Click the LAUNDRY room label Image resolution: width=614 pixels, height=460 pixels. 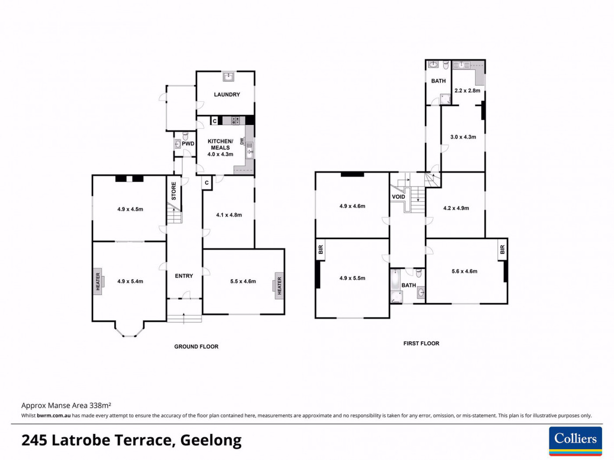coord(227,95)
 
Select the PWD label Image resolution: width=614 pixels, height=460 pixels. coord(188,144)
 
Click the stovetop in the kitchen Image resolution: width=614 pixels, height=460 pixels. coord(235,120)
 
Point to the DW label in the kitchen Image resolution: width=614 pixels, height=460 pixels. coord(242,142)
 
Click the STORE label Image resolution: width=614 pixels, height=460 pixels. coord(174,191)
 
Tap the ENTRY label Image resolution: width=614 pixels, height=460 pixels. coord(184,276)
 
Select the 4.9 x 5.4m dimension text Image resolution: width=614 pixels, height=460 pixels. coord(130,282)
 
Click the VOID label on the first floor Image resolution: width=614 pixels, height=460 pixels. coord(398,197)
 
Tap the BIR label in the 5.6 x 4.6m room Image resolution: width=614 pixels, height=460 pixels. coord(503,249)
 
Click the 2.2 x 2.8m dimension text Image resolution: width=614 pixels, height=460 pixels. coord(468,91)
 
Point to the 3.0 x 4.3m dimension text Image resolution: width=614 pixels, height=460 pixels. coord(463,137)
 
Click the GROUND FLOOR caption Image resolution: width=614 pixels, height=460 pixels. coord(196,347)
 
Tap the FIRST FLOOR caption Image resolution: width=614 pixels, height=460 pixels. coord(421,343)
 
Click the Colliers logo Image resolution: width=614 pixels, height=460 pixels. coord(576,441)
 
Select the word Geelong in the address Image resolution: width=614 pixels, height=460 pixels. coord(211,441)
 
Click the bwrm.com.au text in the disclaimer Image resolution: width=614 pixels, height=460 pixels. coord(54,416)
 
